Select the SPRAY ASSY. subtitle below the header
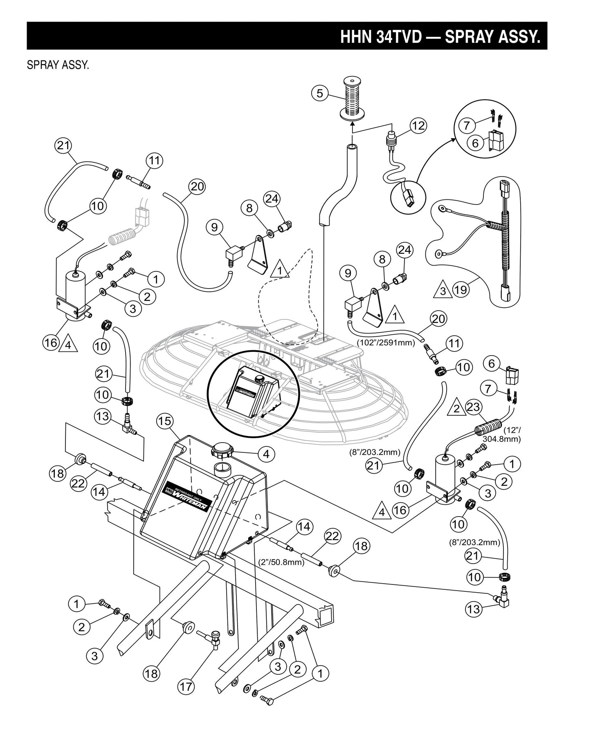pyautogui.click(x=58, y=65)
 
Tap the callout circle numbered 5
pyautogui.click(x=319, y=94)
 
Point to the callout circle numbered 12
pyautogui.click(x=418, y=125)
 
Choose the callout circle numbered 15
pyautogui.click(x=164, y=421)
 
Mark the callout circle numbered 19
pyautogui.click(x=460, y=290)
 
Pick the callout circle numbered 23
pyautogui.click(x=474, y=407)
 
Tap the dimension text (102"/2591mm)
pyautogui.click(x=386, y=342)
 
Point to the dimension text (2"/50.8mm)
pyautogui.click(x=282, y=562)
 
